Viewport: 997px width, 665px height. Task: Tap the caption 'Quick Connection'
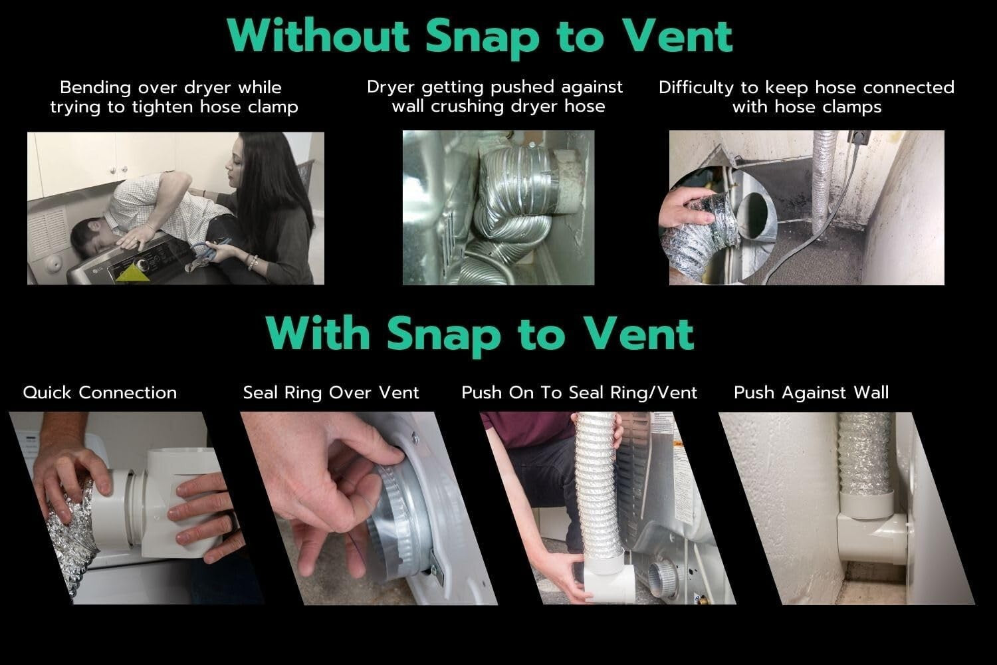[x=100, y=392]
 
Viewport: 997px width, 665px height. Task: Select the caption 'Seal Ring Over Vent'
[x=331, y=392]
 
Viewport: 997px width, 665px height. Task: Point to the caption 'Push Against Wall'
[x=811, y=392]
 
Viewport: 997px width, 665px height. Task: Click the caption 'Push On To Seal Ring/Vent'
[x=580, y=392]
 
